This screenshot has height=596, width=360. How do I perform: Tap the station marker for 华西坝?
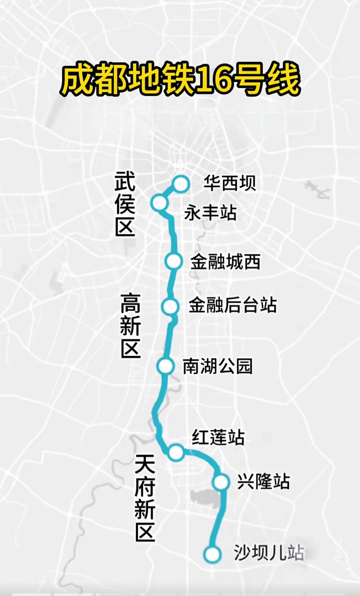(x=181, y=184)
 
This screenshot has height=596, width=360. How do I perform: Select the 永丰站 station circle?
(x=159, y=202)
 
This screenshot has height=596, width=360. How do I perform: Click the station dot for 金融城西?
(x=174, y=261)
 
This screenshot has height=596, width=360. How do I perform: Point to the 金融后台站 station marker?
(x=170, y=306)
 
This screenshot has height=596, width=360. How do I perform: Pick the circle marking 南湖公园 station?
(x=166, y=366)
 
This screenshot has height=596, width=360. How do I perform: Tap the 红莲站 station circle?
(x=176, y=452)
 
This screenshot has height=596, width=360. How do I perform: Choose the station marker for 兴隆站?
(x=221, y=482)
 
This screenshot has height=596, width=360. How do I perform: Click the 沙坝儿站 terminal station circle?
(x=212, y=554)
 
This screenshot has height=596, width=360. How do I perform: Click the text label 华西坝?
(x=230, y=183)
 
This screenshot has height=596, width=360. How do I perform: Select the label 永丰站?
(x=210, y=213)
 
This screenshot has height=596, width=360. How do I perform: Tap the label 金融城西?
(x=225, y=262)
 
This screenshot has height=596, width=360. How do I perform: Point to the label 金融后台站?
(x=233, y=305)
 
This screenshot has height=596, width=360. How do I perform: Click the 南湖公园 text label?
(x=218, y=366)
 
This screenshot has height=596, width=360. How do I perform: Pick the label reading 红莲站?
(x=218, y=438)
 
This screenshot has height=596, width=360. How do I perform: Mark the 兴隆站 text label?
(x=263, y=482)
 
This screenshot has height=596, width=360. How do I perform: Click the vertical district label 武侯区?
(x=125, y=204)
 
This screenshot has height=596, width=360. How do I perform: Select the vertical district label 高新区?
(x=130, y=326)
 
